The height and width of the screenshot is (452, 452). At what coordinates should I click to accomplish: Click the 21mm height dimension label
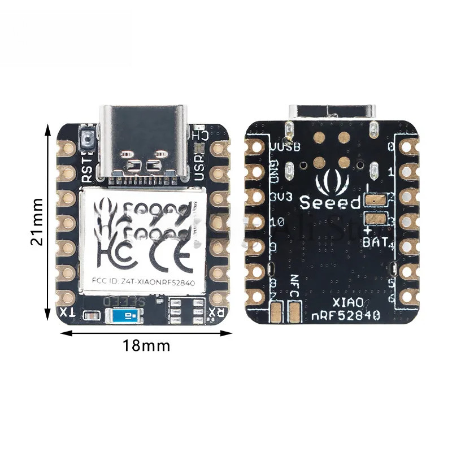[37, 221]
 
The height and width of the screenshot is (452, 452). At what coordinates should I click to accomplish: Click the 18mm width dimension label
[146, 345]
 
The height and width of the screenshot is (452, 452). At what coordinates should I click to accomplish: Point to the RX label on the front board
[216, 312]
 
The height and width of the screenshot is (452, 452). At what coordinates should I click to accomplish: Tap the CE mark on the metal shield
[170, 253]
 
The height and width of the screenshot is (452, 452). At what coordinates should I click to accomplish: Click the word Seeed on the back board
[330, 202]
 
